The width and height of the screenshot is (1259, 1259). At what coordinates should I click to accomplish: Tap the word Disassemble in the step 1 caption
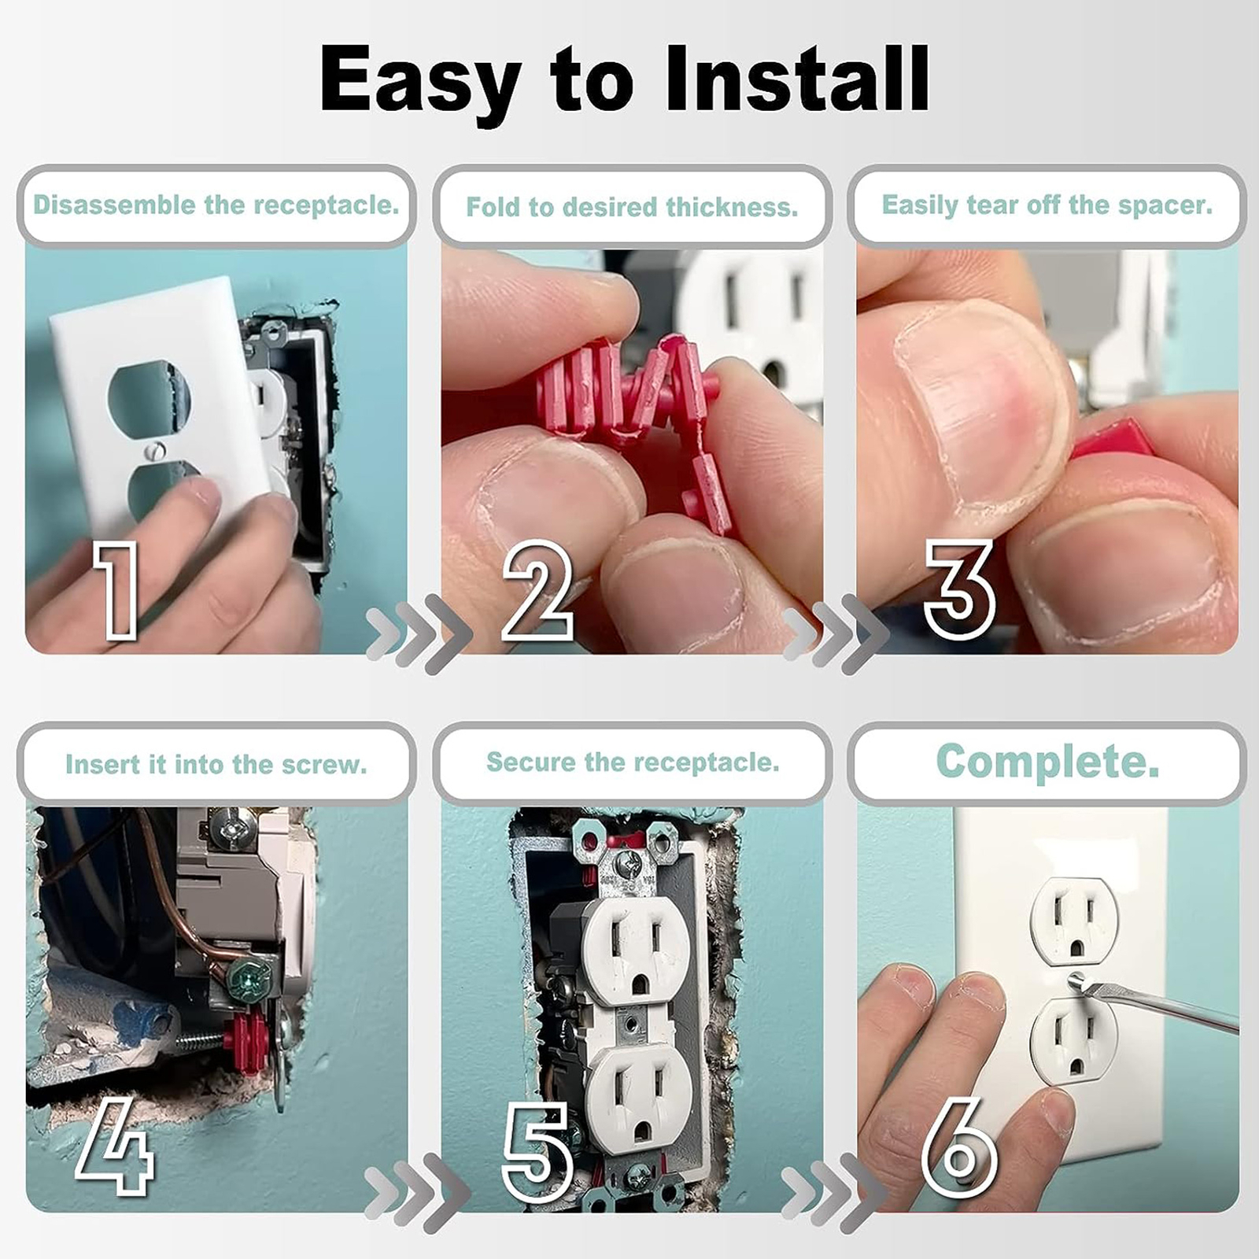pos(115,205)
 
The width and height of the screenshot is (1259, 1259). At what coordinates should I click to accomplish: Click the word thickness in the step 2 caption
pos(732,208)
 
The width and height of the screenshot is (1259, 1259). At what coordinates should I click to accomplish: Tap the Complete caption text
pos(1047,762)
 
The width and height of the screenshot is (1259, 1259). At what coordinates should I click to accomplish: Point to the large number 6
pos(958,1149)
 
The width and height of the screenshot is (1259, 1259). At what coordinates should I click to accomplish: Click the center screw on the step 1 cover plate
pos(153,452)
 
